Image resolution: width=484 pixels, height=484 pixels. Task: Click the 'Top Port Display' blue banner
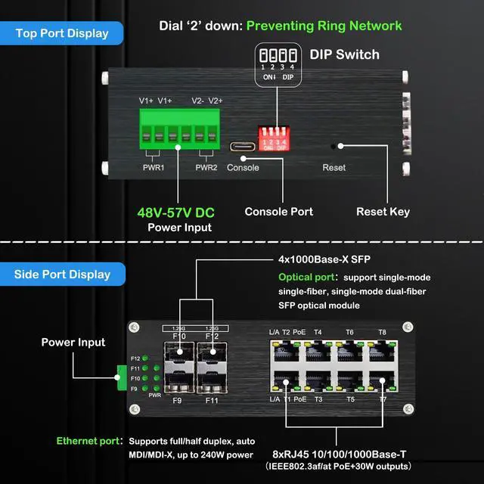pos(62,33)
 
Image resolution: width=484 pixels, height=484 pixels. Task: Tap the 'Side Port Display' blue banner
pos(62,274)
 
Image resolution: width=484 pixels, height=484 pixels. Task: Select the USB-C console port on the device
pos(243,147)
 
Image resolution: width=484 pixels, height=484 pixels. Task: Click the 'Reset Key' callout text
pos(383,212)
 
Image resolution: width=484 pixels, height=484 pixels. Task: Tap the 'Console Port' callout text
pos(279,212)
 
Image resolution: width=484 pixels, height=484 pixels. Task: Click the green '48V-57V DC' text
pos(175,213)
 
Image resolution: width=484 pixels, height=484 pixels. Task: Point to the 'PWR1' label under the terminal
pos(154,167)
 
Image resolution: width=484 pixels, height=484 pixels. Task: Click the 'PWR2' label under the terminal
pos(206,167)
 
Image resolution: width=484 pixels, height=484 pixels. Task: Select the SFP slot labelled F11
pos(213,380)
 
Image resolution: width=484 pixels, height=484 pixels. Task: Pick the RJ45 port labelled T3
pos(318,377)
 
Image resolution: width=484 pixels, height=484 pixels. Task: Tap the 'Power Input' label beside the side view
pos(73,343)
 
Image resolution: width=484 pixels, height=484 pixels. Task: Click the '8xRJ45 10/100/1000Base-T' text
pos(339,454)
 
